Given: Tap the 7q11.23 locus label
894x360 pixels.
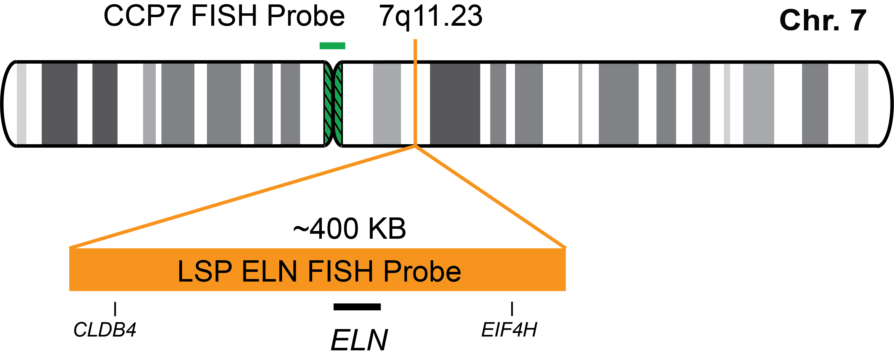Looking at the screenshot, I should pos(430,16).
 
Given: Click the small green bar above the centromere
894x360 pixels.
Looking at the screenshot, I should pos(332,46).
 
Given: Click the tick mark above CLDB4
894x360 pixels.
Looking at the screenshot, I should pos(115,309).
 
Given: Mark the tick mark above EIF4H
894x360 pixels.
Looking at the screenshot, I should pos(512,309).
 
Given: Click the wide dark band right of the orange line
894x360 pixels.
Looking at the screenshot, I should pos(455,103).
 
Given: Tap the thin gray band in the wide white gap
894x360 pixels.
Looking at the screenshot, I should pos(580,103).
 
